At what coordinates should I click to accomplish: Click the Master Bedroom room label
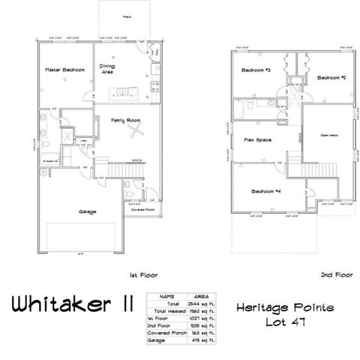pyautogui.click(x=62, y=70)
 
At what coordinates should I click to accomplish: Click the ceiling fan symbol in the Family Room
pyautogui.click(x=135, y=133)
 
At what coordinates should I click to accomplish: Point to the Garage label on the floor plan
pyautogui.click(x=87, y=211)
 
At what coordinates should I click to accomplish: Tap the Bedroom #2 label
pyautogui.click(x=330, y=77)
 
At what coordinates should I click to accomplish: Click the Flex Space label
pyautogui.click(x=257, y=139)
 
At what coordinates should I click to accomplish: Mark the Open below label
pyautogui.click(x=329, y=136)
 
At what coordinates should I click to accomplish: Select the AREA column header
pyautogui.click(x=199, y=296)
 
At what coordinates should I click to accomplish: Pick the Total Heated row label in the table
pyautogui.click(x=166, y=310)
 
